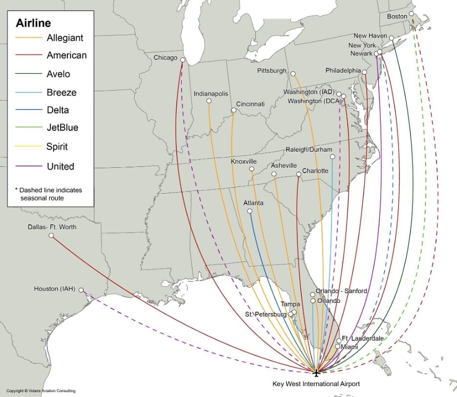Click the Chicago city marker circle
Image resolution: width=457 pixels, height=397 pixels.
tap(182, 60)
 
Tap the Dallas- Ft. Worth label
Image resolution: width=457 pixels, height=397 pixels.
tap(52, 227)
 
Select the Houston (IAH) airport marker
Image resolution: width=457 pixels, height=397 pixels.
tap(81, 290)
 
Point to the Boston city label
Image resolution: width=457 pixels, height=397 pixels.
tap(397, 16)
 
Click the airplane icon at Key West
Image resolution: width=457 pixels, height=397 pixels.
tap(316, 373)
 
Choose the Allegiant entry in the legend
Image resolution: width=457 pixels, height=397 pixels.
tap(64, 38)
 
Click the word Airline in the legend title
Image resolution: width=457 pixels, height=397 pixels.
tap(33, 23)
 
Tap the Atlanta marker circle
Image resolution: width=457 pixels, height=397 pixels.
tap(249, 211)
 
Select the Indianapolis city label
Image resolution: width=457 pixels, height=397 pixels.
tap(211, 93)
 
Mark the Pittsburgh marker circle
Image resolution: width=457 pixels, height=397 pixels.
tap(293, 74)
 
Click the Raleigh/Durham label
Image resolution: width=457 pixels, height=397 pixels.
tap(309, 150)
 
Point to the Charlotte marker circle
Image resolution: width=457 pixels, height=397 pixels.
tap(298, 174)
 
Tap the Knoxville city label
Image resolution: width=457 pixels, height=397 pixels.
tap(244, 161)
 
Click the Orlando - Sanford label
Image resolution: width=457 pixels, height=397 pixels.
tap(341, 291)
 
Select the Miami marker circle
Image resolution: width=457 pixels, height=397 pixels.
tap(338, 346)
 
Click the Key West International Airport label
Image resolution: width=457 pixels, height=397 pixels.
tap(316, 384)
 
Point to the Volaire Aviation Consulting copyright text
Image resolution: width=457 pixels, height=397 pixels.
tap(41, 391)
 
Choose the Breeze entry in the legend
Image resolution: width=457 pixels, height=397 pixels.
tap(62, 92)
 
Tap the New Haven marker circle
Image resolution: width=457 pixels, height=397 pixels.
tap(391, 38)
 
